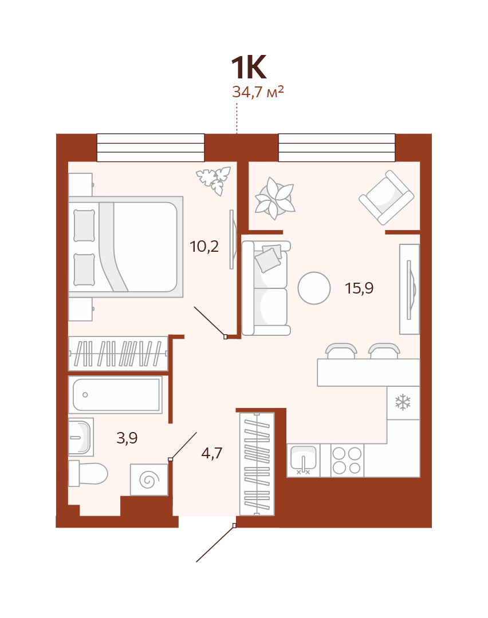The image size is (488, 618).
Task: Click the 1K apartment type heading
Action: coord(249,68)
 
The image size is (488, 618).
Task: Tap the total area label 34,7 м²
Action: coord(258,92)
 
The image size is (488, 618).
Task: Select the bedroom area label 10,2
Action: coord(204,247)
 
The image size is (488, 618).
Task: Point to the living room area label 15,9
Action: coord(359,288)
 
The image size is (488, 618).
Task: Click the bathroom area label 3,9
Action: coord(127,438)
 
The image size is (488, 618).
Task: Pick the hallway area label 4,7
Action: coord(211,453)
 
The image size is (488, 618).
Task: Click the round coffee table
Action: coord(314,288)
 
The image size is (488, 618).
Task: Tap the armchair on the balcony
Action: coord(386,197)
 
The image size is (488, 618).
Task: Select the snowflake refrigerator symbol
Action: coord(403,402)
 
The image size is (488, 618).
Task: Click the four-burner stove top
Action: coord(347,460)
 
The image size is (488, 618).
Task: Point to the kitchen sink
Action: coord(303,460)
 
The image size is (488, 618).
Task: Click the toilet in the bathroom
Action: coord(88,473)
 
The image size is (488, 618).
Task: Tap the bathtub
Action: coord(115,394)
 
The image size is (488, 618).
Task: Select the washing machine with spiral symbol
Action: coord(149,480)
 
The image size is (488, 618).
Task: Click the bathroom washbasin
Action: coord(81,437)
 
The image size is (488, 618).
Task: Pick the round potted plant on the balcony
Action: coord(274,198)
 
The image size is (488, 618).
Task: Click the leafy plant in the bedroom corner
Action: coord(214,181)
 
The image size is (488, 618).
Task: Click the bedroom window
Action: coord(151,148)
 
